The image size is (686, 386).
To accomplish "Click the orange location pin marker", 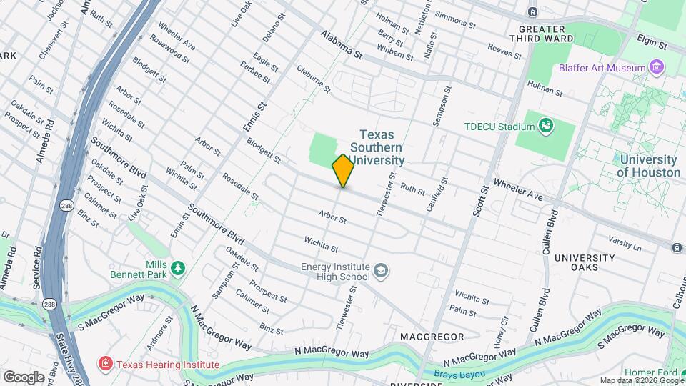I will [343, 171].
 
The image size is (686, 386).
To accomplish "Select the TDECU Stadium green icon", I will [547, 127].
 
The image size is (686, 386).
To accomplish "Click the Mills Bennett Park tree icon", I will [177, 269].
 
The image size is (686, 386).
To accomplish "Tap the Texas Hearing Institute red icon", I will [106, 365].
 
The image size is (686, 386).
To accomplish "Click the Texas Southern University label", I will [382, 147].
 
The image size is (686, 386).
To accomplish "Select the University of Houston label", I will [648, 166].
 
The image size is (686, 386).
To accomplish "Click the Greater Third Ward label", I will [542, 34].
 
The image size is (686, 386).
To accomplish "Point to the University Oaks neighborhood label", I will [585, 263].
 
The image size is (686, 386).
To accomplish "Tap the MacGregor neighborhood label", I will [428, 336].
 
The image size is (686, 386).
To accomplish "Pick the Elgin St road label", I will [652, 44].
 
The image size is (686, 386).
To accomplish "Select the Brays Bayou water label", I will [459, 375].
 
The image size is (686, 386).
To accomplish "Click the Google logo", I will [23, 377].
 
